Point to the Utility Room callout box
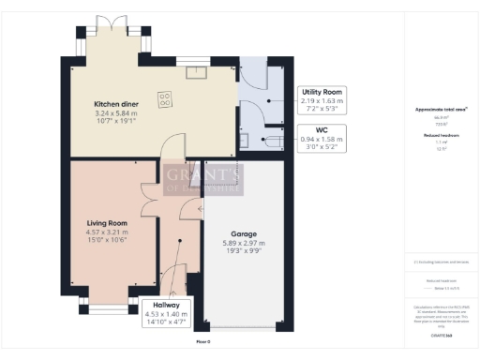[320, 98]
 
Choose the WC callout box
[320, 138]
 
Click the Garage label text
[244, 233]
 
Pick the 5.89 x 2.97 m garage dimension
[244, 243]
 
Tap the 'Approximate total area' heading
[441, 110]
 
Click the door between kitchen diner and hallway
[166, 150]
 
